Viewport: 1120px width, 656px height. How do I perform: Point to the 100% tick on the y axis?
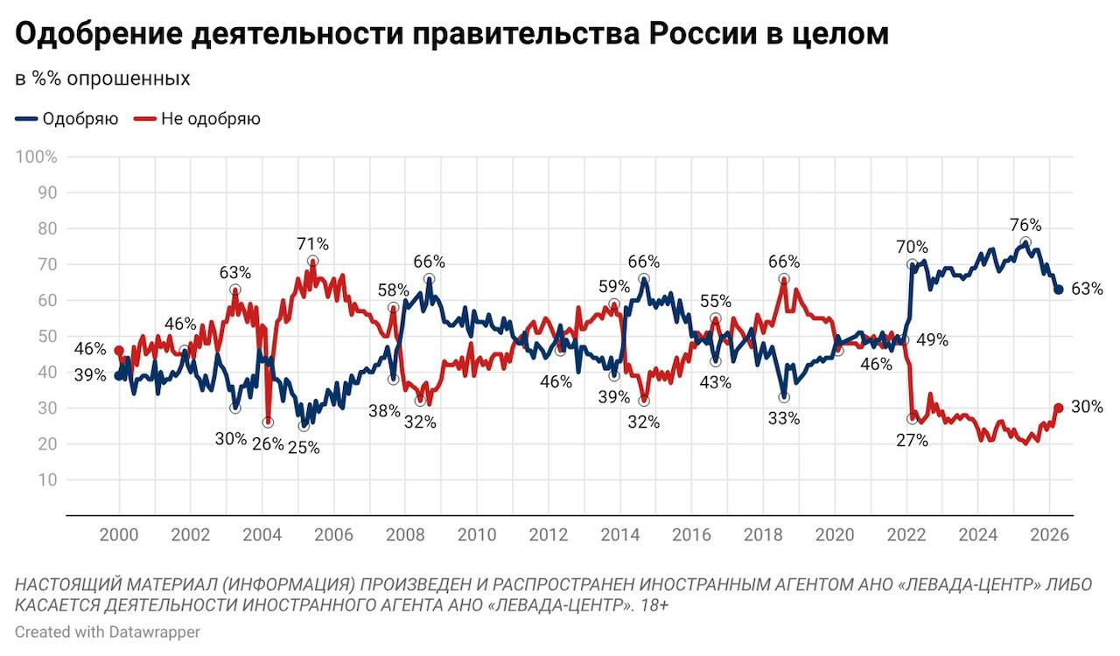[x=38, y=157]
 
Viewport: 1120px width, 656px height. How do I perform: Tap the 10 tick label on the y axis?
[x=48, y=480]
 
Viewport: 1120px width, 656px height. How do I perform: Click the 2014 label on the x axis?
[x=620, y=534]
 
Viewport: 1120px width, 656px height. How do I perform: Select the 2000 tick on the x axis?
[x=121, y=534]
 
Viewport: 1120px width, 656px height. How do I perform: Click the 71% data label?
[x=312, y=244]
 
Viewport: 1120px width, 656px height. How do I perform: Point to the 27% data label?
[x=911, y=440]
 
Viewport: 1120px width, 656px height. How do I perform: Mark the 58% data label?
[x=393, y=290]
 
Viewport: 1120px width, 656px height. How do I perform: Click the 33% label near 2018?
[x=783, y=418]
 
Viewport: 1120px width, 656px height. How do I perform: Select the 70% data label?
[x=911, y=247]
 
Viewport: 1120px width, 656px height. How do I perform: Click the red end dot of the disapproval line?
[x=1058, y=408]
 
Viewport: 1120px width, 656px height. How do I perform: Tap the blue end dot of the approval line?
[x=1058, y=290]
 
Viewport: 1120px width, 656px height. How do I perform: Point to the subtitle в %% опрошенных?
[x=102, y=79]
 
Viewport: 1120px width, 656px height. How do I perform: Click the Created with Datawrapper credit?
[x=95, y=632]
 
